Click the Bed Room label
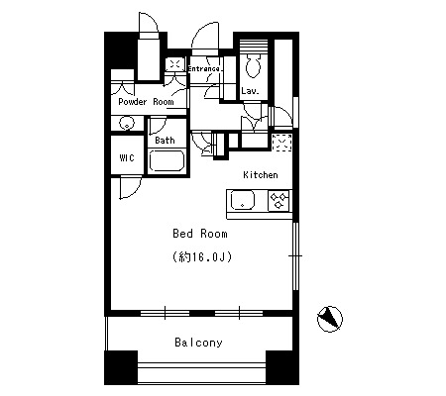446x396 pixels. [x=200, y=234]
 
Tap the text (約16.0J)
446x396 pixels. [x=202, y=256]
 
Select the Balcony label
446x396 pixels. [x=198, y=343]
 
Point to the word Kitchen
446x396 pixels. [x=261, y=174]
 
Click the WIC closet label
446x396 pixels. [x=127, y=158]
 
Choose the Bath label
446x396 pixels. [x=165, y=141]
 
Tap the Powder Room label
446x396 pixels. [x=146, y=101]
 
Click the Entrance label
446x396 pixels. [x=204, y=68]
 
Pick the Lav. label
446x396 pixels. [x=250, y=91]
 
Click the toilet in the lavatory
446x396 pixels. [x=254, y=65]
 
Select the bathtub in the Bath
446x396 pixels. [x=167, y=160]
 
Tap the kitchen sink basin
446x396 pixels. [x=243, y=201]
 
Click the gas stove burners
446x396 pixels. [x=279, y=201]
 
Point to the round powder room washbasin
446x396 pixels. [x=127, y=124]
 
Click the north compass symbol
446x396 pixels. [x=330, y=319]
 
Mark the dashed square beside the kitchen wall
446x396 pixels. [x=281, y=143]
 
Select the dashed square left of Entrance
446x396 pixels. [x=175, y=64]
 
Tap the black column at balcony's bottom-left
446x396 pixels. [x=121, y=367]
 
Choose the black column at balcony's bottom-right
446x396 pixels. [x=282, y=367]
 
